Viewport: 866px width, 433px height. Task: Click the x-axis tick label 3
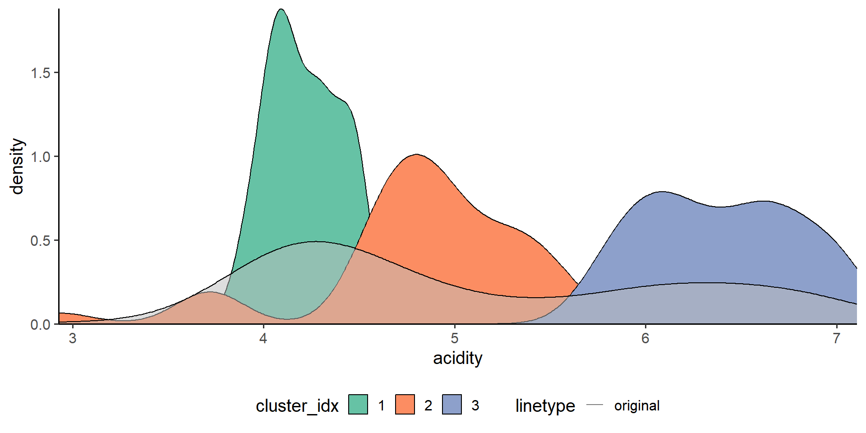72,338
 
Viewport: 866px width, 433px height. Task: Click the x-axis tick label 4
263,338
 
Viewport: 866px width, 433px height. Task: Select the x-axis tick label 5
455,338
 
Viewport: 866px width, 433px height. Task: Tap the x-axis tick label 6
645,338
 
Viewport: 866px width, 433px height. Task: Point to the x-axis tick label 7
837,338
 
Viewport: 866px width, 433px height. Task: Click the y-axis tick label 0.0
41,324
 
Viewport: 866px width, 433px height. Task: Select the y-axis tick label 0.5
41,240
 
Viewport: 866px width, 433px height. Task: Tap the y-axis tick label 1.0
41,157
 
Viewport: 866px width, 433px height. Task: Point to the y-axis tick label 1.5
41,73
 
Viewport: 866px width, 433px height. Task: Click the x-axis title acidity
457,359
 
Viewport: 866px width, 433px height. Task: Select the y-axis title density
17,166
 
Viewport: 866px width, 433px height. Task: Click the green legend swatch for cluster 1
358,405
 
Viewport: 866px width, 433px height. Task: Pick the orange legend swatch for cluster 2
405,405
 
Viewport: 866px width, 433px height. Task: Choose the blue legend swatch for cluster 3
452,405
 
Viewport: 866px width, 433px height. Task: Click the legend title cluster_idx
297,406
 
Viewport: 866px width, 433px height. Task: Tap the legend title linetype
545,406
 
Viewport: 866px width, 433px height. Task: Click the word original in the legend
637,405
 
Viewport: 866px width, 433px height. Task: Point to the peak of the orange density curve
416,155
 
